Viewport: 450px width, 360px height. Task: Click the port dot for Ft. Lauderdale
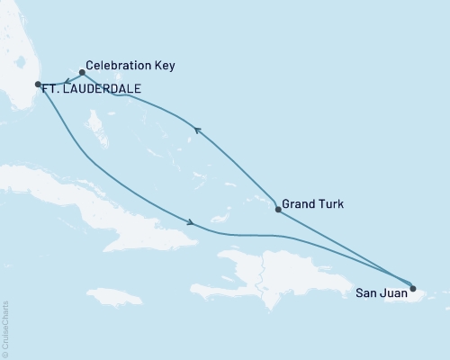click(38, 85)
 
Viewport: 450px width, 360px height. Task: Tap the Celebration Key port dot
click(82, 72)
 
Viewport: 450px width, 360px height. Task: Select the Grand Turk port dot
click(277, 210)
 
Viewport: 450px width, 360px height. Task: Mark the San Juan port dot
click(413, 289)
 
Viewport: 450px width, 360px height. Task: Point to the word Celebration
click(116, 67)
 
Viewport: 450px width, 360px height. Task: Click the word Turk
click(332, 204)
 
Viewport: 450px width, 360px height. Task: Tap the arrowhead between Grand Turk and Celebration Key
click(199, 133)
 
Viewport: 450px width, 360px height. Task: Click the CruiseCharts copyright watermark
click(5, 328)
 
